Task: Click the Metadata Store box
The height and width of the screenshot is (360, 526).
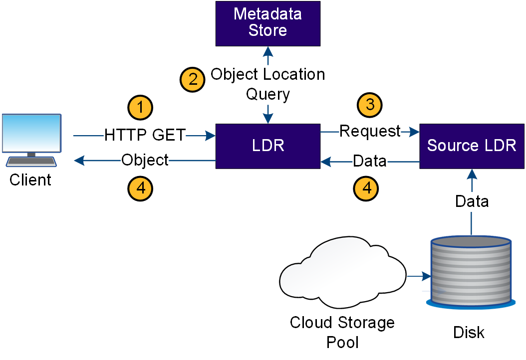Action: (267, 23)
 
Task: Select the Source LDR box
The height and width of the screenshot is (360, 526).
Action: (472, 146)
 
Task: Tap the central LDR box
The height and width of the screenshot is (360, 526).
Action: (267, 146)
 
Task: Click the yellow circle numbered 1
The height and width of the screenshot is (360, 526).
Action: (140, 108)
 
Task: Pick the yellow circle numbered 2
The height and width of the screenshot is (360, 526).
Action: (193, 79)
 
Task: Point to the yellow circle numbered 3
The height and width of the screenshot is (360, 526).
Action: (370, 105)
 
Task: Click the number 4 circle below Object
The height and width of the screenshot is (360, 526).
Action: (140, 188)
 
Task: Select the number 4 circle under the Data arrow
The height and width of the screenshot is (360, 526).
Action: (366, 188)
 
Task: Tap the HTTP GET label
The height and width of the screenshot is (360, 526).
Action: (145, 135)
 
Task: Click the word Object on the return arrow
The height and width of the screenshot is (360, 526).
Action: (145, 160)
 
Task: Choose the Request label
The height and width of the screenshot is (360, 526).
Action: (370, 132)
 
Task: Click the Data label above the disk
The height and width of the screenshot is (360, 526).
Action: (472, 201)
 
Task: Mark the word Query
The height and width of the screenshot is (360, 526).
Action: (267, 95)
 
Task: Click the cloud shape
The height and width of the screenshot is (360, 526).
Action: (342, 273)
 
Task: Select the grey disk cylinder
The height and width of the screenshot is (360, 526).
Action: (471, 271)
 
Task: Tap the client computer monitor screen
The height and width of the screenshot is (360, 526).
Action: (31, 133)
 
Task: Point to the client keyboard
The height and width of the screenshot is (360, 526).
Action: (31, 162)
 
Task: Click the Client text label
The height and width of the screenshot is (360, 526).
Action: (30, 180)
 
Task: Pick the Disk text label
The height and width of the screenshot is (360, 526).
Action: (469, 333)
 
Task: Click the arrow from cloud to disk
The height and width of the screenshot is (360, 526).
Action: (419, 276)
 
